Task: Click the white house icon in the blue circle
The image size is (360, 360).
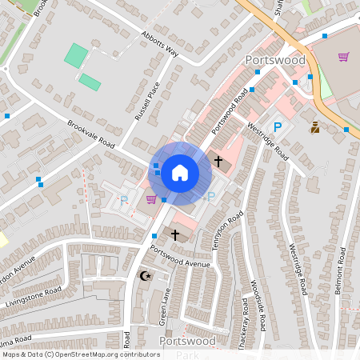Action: click(x=180, y=172)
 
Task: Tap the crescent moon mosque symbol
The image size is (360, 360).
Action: click(x=146, y=276)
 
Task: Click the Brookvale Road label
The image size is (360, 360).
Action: click(x=91, y=134)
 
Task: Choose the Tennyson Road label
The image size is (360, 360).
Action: click(x=230, y=231)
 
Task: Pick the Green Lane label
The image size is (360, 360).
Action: click(x=163, y=306)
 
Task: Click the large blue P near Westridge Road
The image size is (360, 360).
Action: click(x=278, y=126)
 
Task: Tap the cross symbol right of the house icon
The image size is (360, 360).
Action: click(x=218, y=162)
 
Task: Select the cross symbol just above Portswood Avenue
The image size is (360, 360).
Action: click(x=175, y=234)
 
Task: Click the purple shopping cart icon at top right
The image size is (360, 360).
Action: click(x=343, y=57)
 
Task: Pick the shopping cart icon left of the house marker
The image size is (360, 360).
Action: click(x=151, y=199)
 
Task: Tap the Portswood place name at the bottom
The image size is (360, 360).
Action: click(x=186, y=342)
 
